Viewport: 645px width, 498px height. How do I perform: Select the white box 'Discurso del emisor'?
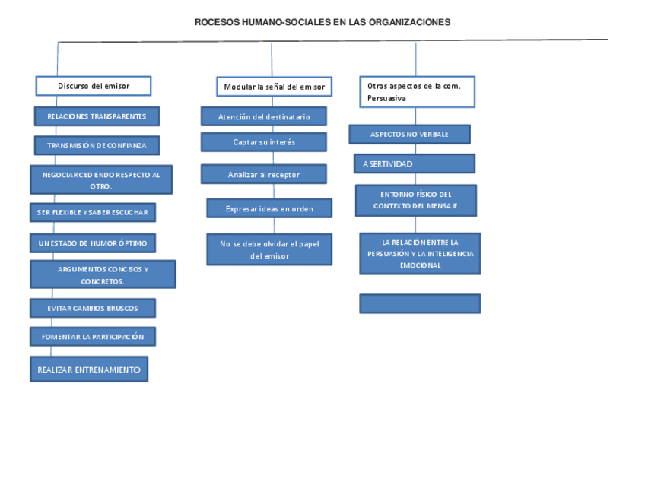coord(94,86)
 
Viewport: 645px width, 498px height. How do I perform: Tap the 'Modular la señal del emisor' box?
coord(274,87)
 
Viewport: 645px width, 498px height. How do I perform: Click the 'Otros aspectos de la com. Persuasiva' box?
coord(417,92)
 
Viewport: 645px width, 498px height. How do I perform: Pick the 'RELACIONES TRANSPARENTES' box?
coord(97,116)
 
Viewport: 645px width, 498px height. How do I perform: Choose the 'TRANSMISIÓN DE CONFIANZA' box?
coord(97,145)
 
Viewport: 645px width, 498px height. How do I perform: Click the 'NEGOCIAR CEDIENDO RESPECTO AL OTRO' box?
coord(101,180)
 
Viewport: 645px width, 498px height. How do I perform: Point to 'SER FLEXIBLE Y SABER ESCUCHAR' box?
coord(93,212)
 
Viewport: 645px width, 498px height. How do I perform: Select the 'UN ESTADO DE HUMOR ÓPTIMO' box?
coord(93,243)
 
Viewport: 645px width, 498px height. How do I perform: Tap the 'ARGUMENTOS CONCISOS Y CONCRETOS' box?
coord(103,274)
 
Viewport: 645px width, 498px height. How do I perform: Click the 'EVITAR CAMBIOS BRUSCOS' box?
coord(93,308)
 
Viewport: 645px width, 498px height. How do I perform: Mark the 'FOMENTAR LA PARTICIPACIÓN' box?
coord(93,336)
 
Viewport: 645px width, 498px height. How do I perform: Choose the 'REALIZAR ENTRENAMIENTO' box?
coord(89,370)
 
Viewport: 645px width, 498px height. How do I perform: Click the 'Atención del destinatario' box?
coord(264,116)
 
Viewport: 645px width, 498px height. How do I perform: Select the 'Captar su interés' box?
coord(264,142)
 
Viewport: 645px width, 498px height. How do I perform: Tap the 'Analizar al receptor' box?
coord(264,174)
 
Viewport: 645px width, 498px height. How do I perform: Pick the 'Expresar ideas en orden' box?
coord(269,208)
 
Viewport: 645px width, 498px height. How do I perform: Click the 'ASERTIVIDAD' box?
coord(414,163)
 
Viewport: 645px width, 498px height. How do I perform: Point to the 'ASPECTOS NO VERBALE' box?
coord(409,135)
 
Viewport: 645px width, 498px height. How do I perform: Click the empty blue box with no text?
coord(420,304)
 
